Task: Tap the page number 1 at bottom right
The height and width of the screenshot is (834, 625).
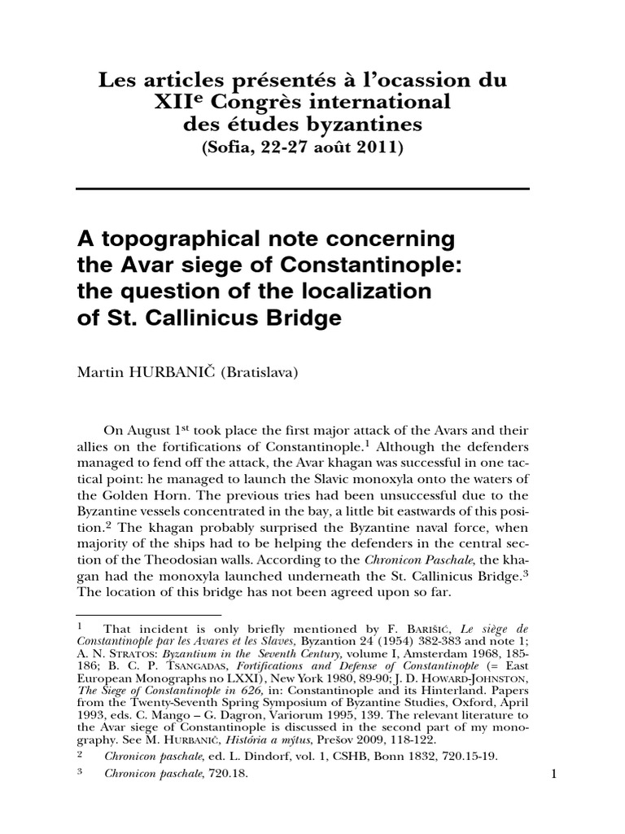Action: pos(553,775)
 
